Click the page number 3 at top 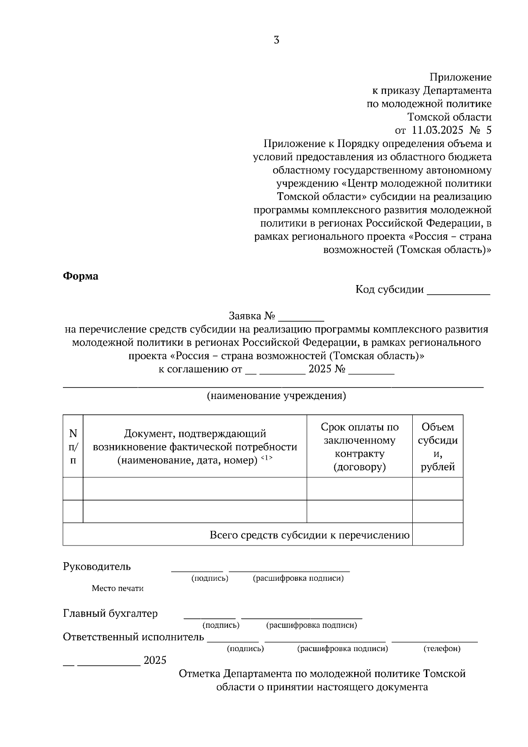pos(276,40)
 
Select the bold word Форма pos(81,276)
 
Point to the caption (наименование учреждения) pos(276,395)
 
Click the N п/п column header pos(73,447)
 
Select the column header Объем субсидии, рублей pos(437,447)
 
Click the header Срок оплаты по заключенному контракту pos(359,447)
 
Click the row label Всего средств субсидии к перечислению pos(309,535)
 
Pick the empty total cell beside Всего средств pos(437,534)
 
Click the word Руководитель pos(97,566)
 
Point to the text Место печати pos(117,588)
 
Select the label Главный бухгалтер pos(110,613)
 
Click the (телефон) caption pos(442,648)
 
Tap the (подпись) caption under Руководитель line pos(209,578)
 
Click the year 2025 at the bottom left pos(155,660)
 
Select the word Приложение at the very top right pos(460,77)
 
